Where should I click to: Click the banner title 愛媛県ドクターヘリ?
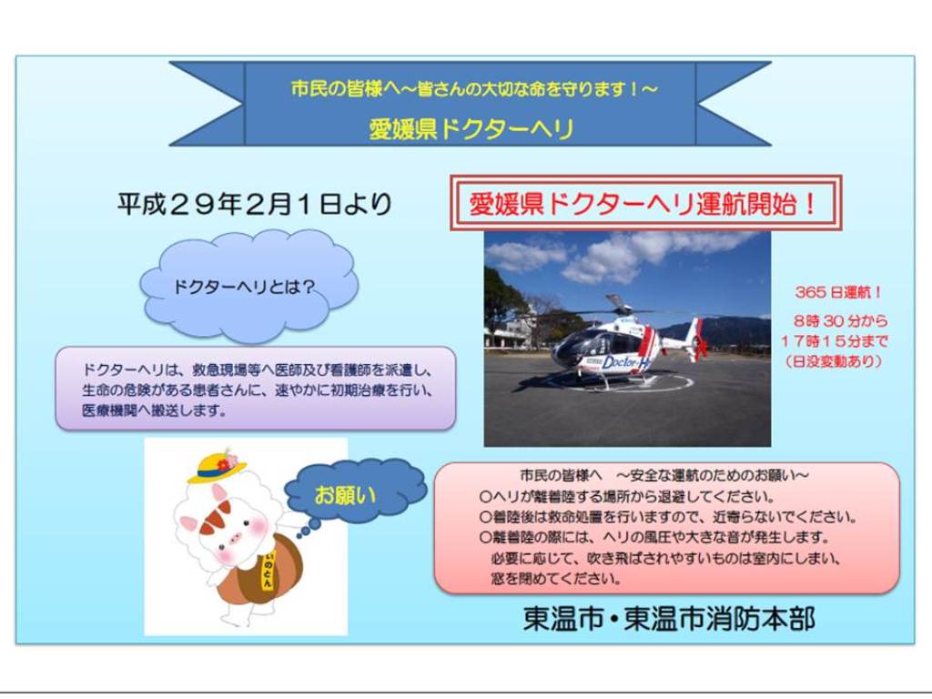coord(471,129)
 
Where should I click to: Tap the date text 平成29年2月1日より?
coord(255,204)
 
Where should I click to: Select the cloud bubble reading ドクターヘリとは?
coord(249,287)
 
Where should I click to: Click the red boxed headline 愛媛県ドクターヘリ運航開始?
coord(645,203)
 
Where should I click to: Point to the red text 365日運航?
coord(838,292)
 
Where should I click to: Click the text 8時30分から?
coord(840,321)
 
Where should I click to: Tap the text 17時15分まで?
coord(835,341)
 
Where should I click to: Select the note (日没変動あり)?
coord(835,360)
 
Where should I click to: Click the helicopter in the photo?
coord(630,342)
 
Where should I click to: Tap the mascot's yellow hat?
coord(216,468)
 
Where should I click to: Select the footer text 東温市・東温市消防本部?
coord(669,618)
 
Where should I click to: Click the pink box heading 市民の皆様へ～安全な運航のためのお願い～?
coord(664,475)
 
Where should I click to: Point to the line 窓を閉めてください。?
coord(556,578)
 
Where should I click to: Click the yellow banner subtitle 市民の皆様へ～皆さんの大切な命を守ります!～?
coord(474,88)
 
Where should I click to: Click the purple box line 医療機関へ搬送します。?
coord(155,410)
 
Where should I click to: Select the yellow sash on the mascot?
coord(268,570)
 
